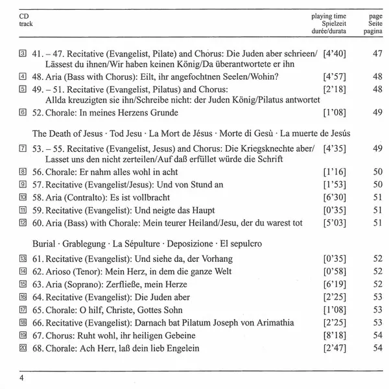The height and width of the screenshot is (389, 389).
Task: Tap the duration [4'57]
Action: pos(335,77)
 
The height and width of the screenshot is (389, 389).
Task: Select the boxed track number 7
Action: pos(24,148)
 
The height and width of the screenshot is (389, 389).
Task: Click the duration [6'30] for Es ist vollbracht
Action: pos(335,197)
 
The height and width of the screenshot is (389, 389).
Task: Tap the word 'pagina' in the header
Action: pos(372,30)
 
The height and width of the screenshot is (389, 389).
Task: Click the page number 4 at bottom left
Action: pos(22,379)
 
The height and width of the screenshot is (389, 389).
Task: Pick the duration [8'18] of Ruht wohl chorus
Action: pos(335,336)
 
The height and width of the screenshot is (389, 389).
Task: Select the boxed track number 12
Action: pos(24,224)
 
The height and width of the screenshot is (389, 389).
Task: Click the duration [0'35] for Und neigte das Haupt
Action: pos(335,211)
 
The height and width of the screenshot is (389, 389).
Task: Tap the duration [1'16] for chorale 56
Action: pos(335,171)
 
